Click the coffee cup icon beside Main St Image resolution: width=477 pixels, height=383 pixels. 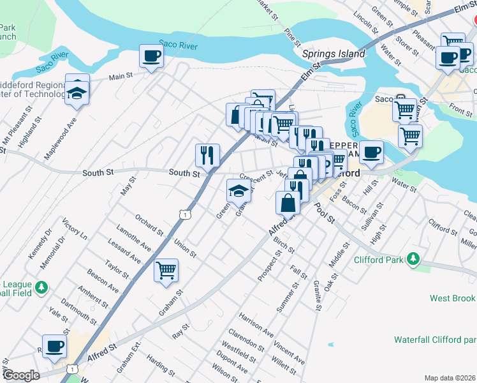click(x=151, y=57)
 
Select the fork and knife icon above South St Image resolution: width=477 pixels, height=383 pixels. click(x=207, y=154)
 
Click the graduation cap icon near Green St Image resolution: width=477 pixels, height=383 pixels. click(x=238, y=190)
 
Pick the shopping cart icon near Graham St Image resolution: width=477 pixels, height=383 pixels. click(x=166, y=270)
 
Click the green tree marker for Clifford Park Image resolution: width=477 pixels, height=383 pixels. click(x=414, y=259)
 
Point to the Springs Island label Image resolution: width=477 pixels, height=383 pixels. click(x=334, y=54)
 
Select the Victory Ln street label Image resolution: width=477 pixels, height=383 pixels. click(x=75, y=229)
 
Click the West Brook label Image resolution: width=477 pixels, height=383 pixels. click(x=452, y=298)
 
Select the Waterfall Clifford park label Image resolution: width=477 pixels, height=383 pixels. click(x=435, y=339)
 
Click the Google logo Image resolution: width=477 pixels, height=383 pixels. click(x=20, y=375)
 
